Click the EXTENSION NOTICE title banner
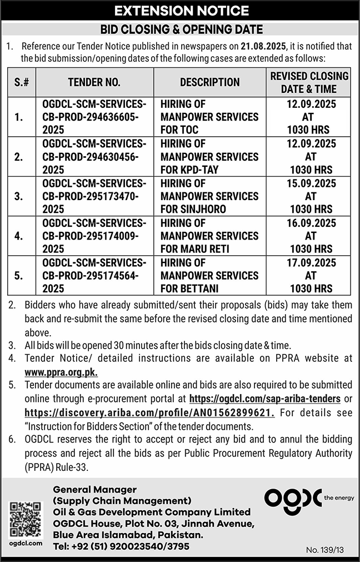click(x=180, y=11)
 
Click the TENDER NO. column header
click(x=94, y=82)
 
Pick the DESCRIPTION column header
click(x=209, y=82)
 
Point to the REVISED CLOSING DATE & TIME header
click(x=309, y=82)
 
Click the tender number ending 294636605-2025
click(x=94, y=117)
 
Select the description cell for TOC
click(x=209, y=117)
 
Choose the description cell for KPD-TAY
click(x=209, y=157)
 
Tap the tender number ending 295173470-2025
click(x=94, y=196)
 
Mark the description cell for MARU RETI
click(x=209, y=236)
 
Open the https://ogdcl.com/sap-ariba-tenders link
click(x=266, y=399)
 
